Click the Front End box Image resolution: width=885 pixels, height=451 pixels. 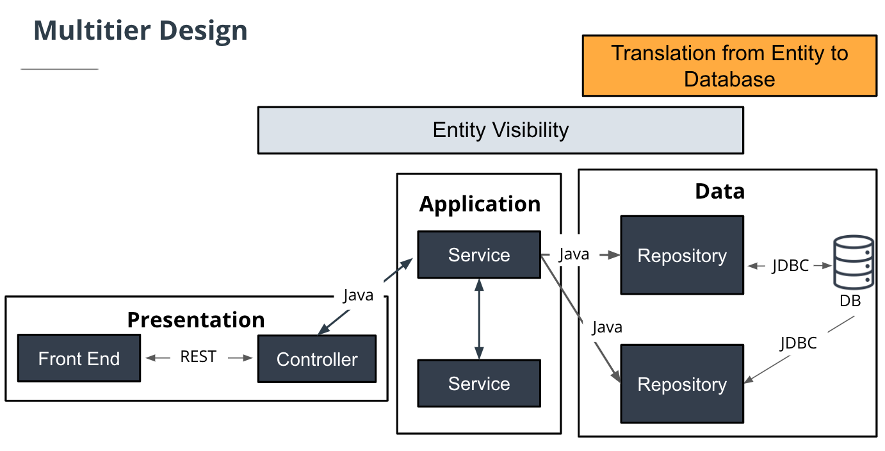coord(79,358)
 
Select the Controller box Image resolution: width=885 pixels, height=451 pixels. coord(317,359)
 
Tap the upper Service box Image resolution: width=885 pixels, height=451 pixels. coord(479,255)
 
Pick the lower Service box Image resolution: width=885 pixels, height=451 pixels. coord(479,384)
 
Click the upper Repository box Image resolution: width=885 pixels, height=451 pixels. coord(682,256)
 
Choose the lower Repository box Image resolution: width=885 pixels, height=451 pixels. coord(682,384)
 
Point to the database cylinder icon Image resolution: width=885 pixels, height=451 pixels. coord(853,261)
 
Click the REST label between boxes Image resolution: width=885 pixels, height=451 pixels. coord(198,357)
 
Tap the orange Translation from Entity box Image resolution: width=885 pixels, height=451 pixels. coord(729,66)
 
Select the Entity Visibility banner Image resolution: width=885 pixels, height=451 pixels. coord(500,130)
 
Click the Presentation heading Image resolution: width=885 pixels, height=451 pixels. coord(196,320)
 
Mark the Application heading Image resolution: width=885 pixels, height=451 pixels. coord(480,204)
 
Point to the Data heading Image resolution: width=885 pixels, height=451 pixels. coord(720,191)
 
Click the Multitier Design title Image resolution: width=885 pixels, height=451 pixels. coord(140,30)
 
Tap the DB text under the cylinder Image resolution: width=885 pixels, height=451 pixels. coord(850,300)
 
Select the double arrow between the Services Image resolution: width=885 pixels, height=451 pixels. coord(479,318)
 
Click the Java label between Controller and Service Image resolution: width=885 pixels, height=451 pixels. coord(358,295)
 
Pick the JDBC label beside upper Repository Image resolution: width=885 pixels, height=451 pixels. coord(790,265)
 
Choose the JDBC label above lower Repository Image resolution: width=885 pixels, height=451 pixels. coord(799,343)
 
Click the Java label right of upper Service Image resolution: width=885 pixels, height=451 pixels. coord(574,254)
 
